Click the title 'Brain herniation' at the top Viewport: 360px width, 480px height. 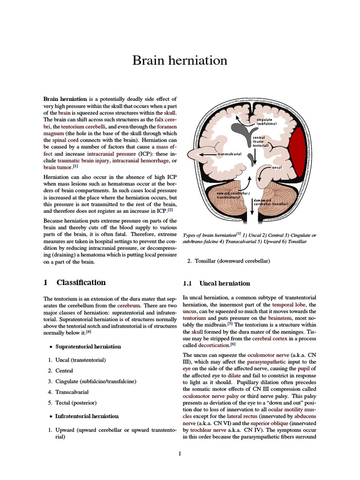[x=180, y=60]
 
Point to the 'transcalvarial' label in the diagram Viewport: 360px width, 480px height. [x=229, y=154]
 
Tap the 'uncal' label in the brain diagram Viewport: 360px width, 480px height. [x=277, y=167]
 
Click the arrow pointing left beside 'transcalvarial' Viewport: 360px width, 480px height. [x=206, y=154]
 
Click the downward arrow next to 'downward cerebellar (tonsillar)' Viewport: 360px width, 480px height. [x=252, y=206]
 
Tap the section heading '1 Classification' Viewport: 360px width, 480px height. [x=75, y=283]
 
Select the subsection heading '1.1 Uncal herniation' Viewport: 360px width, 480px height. [x=216, y=284]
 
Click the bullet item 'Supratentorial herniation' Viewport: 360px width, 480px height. [x=88, y=346]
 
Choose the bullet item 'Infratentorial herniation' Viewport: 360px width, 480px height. [x=87, y=416]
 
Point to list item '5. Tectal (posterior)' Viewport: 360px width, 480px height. [x=75, y=403]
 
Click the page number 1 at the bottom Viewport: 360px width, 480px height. [x=180, y=453]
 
